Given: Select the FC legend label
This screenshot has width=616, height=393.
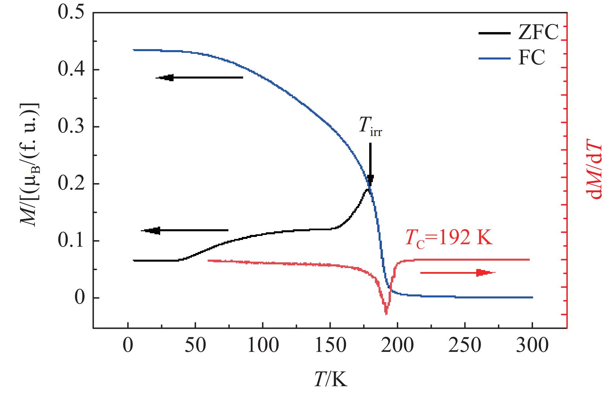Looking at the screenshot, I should point(532,58).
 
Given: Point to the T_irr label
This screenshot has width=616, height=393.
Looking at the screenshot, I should point(370,127).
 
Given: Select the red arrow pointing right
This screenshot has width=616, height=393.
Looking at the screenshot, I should point(457,273).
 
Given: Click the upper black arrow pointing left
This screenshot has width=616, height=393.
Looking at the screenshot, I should point(199,78).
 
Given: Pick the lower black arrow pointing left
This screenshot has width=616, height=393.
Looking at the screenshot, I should point(185,230).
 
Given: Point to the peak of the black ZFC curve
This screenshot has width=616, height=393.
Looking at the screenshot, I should point(367,189).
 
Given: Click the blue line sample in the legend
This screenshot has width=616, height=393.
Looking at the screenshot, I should point(495,58).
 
